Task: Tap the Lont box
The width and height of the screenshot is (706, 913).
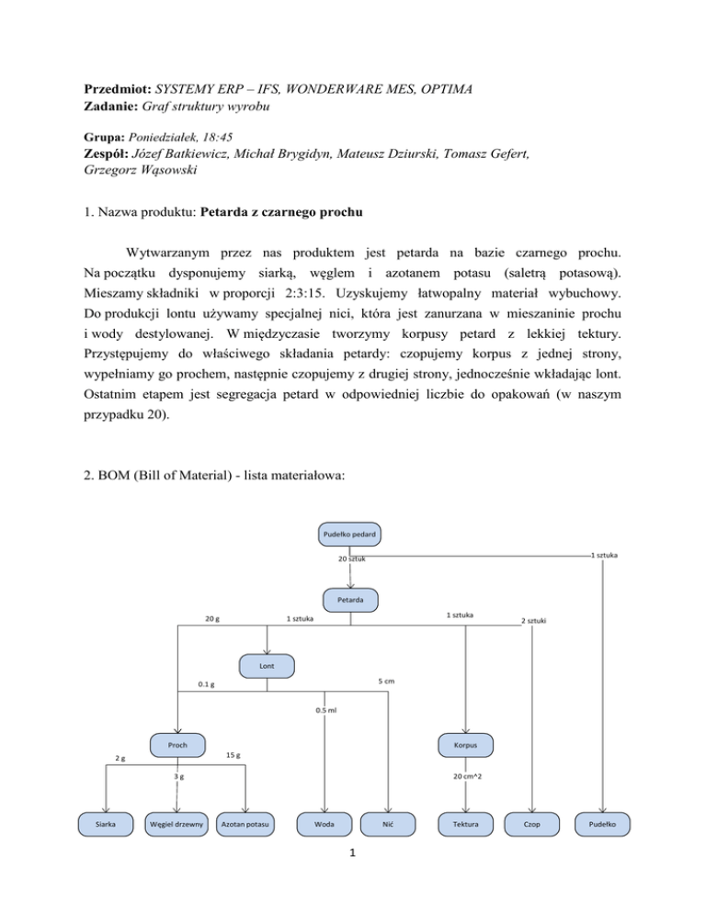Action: coord(266,663)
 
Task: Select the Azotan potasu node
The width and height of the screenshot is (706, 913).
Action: coord(246,824)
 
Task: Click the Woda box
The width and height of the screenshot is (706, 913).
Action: coord(323,824)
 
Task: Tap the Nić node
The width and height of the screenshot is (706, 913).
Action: coord(388,824)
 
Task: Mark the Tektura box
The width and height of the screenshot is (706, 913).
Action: coord(465,824)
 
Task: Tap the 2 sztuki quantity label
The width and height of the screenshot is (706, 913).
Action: coord(535,622)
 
